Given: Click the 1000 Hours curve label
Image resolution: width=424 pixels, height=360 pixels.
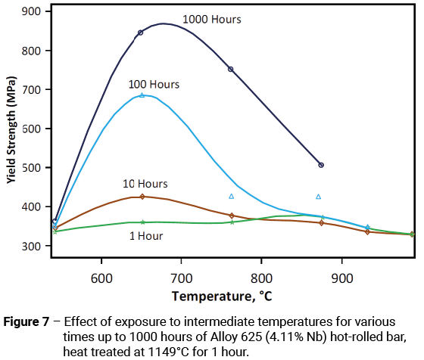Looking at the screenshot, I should pos(212,20).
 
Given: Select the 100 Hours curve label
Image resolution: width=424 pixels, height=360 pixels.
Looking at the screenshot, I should pos(154,85).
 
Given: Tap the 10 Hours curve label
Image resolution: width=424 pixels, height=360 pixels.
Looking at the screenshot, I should pos(145,184).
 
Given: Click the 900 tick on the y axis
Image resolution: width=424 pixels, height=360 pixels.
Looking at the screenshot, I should pos(32,11).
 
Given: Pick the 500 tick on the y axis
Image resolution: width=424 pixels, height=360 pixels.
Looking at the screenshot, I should pos(32,168).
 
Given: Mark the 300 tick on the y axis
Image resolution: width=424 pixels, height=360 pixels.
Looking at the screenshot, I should pos(32,247).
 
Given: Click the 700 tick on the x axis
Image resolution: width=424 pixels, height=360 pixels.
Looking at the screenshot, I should pos(181,278).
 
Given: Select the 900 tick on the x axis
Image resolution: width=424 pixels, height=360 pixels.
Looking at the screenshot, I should pos(342,278).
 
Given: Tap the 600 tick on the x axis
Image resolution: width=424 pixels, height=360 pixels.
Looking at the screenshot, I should pos(101,278).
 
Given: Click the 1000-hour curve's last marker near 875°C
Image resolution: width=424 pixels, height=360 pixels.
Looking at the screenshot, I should pos(321,165).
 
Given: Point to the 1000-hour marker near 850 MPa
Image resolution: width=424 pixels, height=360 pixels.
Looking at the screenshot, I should pos(140,33).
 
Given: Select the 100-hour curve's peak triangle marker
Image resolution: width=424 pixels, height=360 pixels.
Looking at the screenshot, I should pos(142,95).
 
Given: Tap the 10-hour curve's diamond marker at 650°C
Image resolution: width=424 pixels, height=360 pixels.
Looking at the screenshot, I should pos(142,197).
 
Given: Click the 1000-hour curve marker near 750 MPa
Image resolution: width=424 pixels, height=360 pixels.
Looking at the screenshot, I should pos(231,69).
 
